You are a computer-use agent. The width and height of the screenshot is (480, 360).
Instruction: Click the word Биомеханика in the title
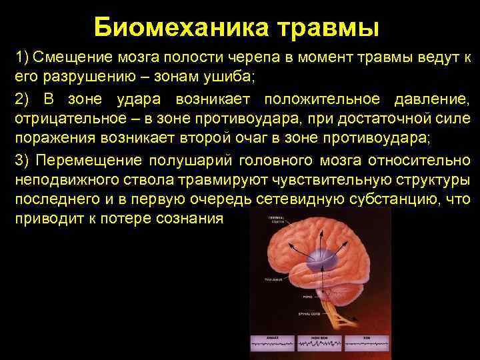[x=180, y=28]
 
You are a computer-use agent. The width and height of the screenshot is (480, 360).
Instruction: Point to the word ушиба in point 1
[x=225, y=75]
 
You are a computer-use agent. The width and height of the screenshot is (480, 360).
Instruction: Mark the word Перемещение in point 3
[x=88, y=161]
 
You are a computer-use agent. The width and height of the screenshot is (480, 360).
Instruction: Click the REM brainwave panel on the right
[x=365, y=344]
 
